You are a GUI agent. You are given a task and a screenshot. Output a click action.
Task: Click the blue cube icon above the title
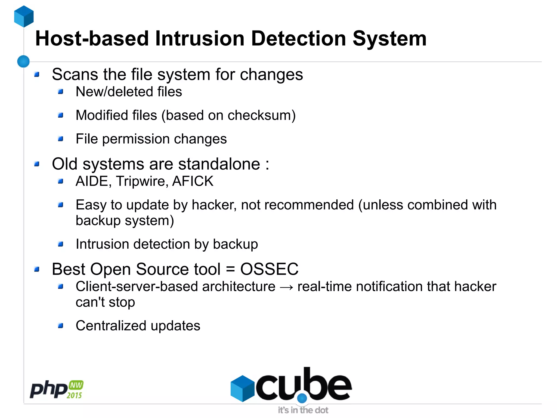24,16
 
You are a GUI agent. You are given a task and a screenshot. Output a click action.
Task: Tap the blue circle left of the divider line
23,61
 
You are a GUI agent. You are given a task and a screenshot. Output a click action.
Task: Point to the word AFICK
193,181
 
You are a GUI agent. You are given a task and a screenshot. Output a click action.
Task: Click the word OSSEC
269,269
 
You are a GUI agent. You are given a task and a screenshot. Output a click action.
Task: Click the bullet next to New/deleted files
61,92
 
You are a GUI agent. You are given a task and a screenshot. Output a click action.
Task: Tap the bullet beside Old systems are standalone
37,164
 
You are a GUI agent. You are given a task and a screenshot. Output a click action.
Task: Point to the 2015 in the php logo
74,395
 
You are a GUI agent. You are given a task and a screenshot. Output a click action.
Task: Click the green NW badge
76,385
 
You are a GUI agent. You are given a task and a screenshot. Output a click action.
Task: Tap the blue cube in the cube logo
242,388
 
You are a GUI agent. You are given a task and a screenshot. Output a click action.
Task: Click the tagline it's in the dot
303,410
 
